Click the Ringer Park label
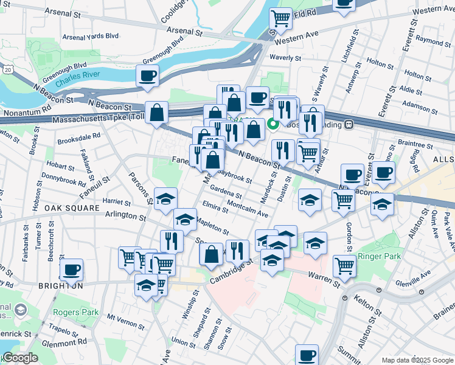[x=380, y=257]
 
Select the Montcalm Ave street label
[x=247, y=210]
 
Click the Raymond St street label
[x=433, y=42]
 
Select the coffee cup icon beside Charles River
[x=148, y=77]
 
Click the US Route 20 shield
[x=7, y=71]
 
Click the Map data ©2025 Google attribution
[x=417, y=360]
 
